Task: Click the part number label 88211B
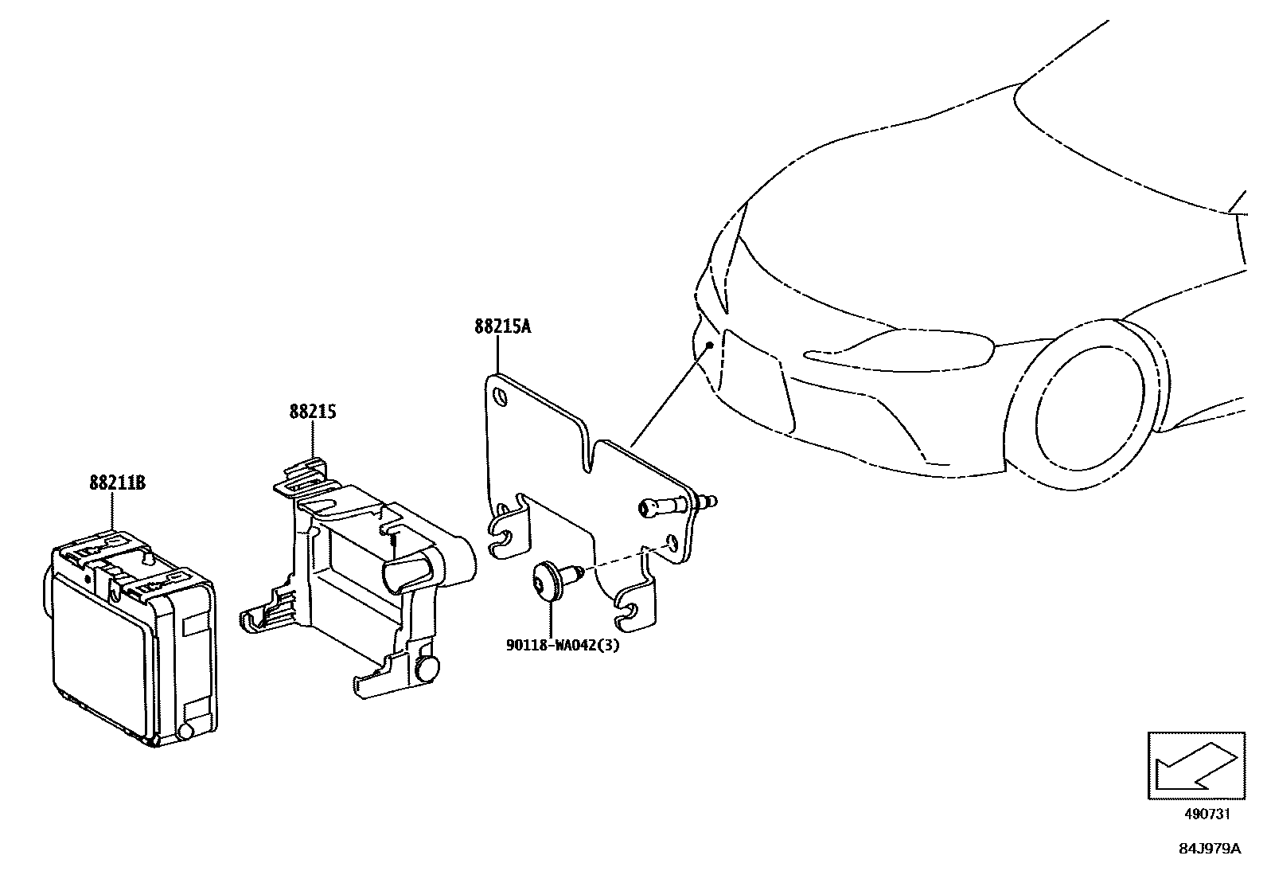tap(117, 482)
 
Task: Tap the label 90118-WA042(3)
tap(562, 645)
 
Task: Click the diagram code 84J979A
tap(1209, 849)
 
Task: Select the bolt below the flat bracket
tap(550, 580)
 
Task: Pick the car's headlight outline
tap(899, 349)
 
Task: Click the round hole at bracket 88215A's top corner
tap(501, 396)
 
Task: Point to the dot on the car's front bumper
tap(710, 344)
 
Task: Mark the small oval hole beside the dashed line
tap(672, 543)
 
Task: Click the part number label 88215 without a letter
tap(312, 412)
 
